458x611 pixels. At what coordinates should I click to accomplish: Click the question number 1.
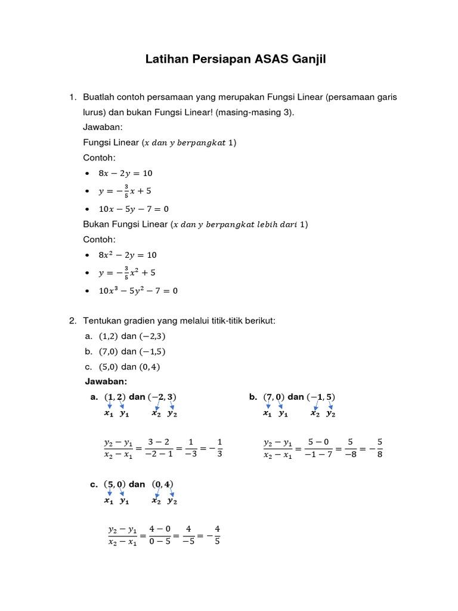72,97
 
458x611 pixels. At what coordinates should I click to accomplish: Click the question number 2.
72,321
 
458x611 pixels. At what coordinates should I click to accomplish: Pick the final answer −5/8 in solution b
377,448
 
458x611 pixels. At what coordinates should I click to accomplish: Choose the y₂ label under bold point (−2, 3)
172,413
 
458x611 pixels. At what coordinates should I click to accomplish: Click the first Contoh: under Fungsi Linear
99,158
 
